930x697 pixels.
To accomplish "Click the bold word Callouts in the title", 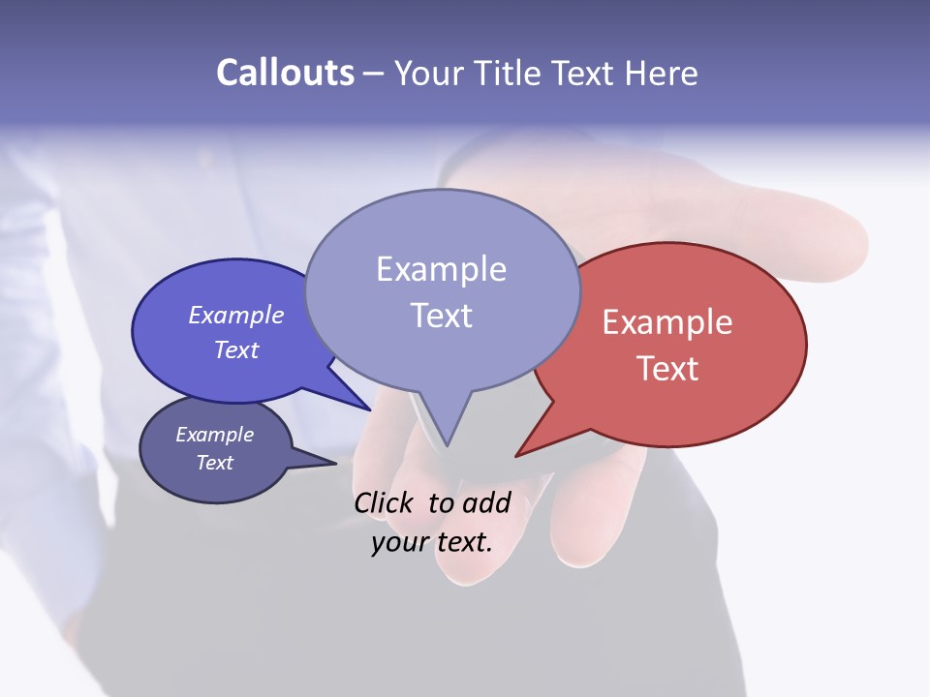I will pos(285,73).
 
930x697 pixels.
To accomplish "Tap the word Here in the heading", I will pos(663,73).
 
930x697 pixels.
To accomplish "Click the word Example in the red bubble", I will pos(667,322).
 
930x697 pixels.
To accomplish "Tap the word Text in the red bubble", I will pos(667,369).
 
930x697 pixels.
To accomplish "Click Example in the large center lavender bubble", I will pos(441,269).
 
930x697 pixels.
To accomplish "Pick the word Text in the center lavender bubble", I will pos(441,316).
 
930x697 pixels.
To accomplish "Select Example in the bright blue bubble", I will pos(236,316).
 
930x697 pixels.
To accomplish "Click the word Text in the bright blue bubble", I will pos(236,349).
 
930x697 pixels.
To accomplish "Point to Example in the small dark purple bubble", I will pos(214,435).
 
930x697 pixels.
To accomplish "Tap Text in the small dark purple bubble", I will pos(214,463).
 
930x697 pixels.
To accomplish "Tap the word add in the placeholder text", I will pos(486,502).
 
